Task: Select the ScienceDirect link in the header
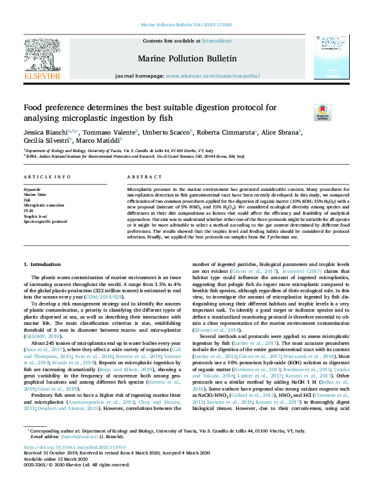click(x=216, y=41)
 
